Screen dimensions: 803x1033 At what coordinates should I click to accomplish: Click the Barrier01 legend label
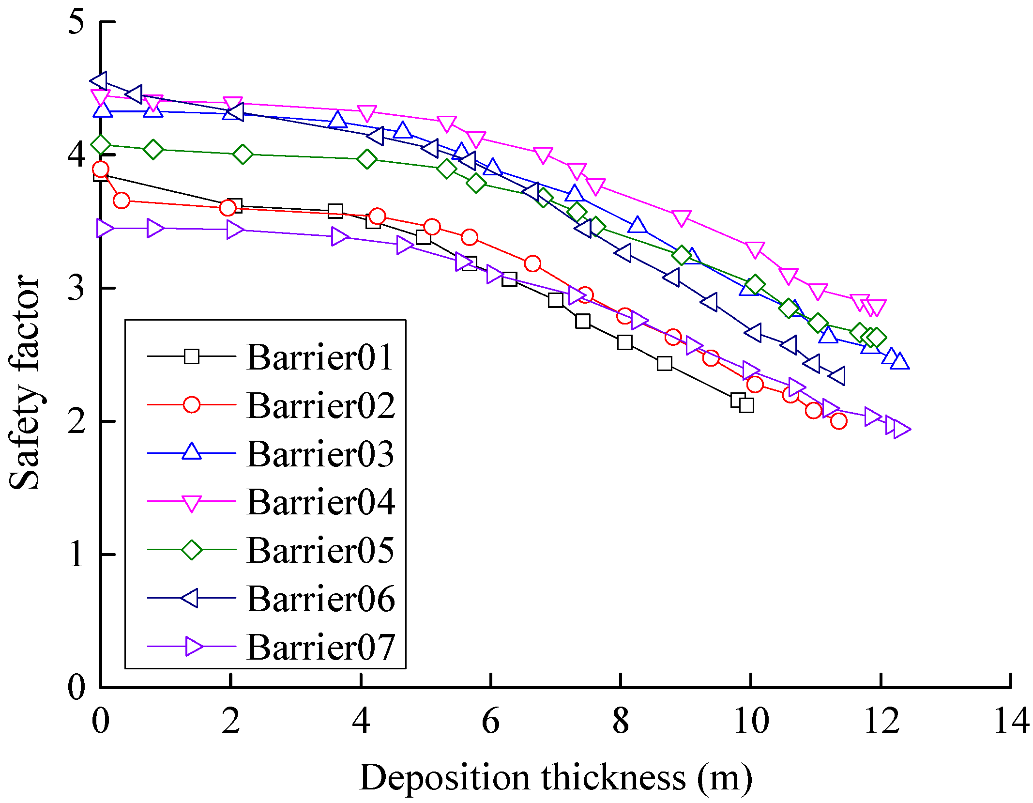click(319, 357)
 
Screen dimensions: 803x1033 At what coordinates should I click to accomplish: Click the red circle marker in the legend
click(192, 404)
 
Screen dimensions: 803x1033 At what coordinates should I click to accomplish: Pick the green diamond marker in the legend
click(192, 550)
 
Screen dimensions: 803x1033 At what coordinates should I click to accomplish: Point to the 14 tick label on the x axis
click(1011, 721)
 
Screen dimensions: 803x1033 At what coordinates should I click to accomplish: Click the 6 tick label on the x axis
click(490, 721)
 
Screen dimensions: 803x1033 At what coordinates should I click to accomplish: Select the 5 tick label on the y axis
click(76, 22)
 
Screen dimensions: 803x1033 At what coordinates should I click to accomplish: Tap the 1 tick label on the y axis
click(76, 554)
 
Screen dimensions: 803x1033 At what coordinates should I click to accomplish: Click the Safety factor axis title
click(24, 383)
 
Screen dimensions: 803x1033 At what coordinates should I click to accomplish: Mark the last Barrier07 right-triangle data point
click(901, 429)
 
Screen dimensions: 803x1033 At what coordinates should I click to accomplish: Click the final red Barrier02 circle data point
click(838, 421)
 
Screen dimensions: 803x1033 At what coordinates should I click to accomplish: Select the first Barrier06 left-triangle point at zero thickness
click(100, 81)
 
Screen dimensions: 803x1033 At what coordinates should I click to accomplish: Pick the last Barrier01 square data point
click(746, 405)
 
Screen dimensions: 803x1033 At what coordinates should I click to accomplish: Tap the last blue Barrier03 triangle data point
click(900, 362)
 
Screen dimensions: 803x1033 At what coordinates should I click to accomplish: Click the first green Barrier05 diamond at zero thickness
click(101, 144)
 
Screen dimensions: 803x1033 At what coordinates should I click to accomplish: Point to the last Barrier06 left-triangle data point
click(837, 375)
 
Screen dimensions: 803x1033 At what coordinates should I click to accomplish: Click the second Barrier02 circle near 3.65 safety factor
click(122, 200)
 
